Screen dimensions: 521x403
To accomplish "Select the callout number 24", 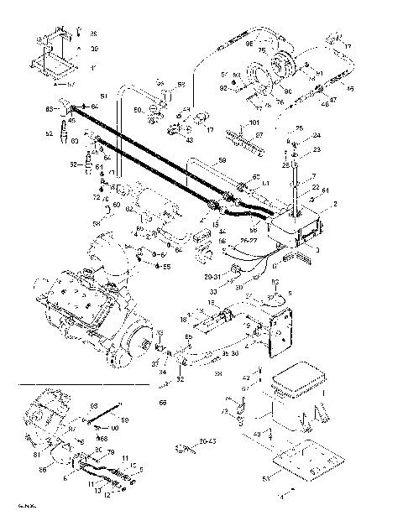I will (317, 135).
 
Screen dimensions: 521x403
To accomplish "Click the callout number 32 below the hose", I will (180, 380).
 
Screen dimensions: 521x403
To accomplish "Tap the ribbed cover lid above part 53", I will (300, 382).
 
